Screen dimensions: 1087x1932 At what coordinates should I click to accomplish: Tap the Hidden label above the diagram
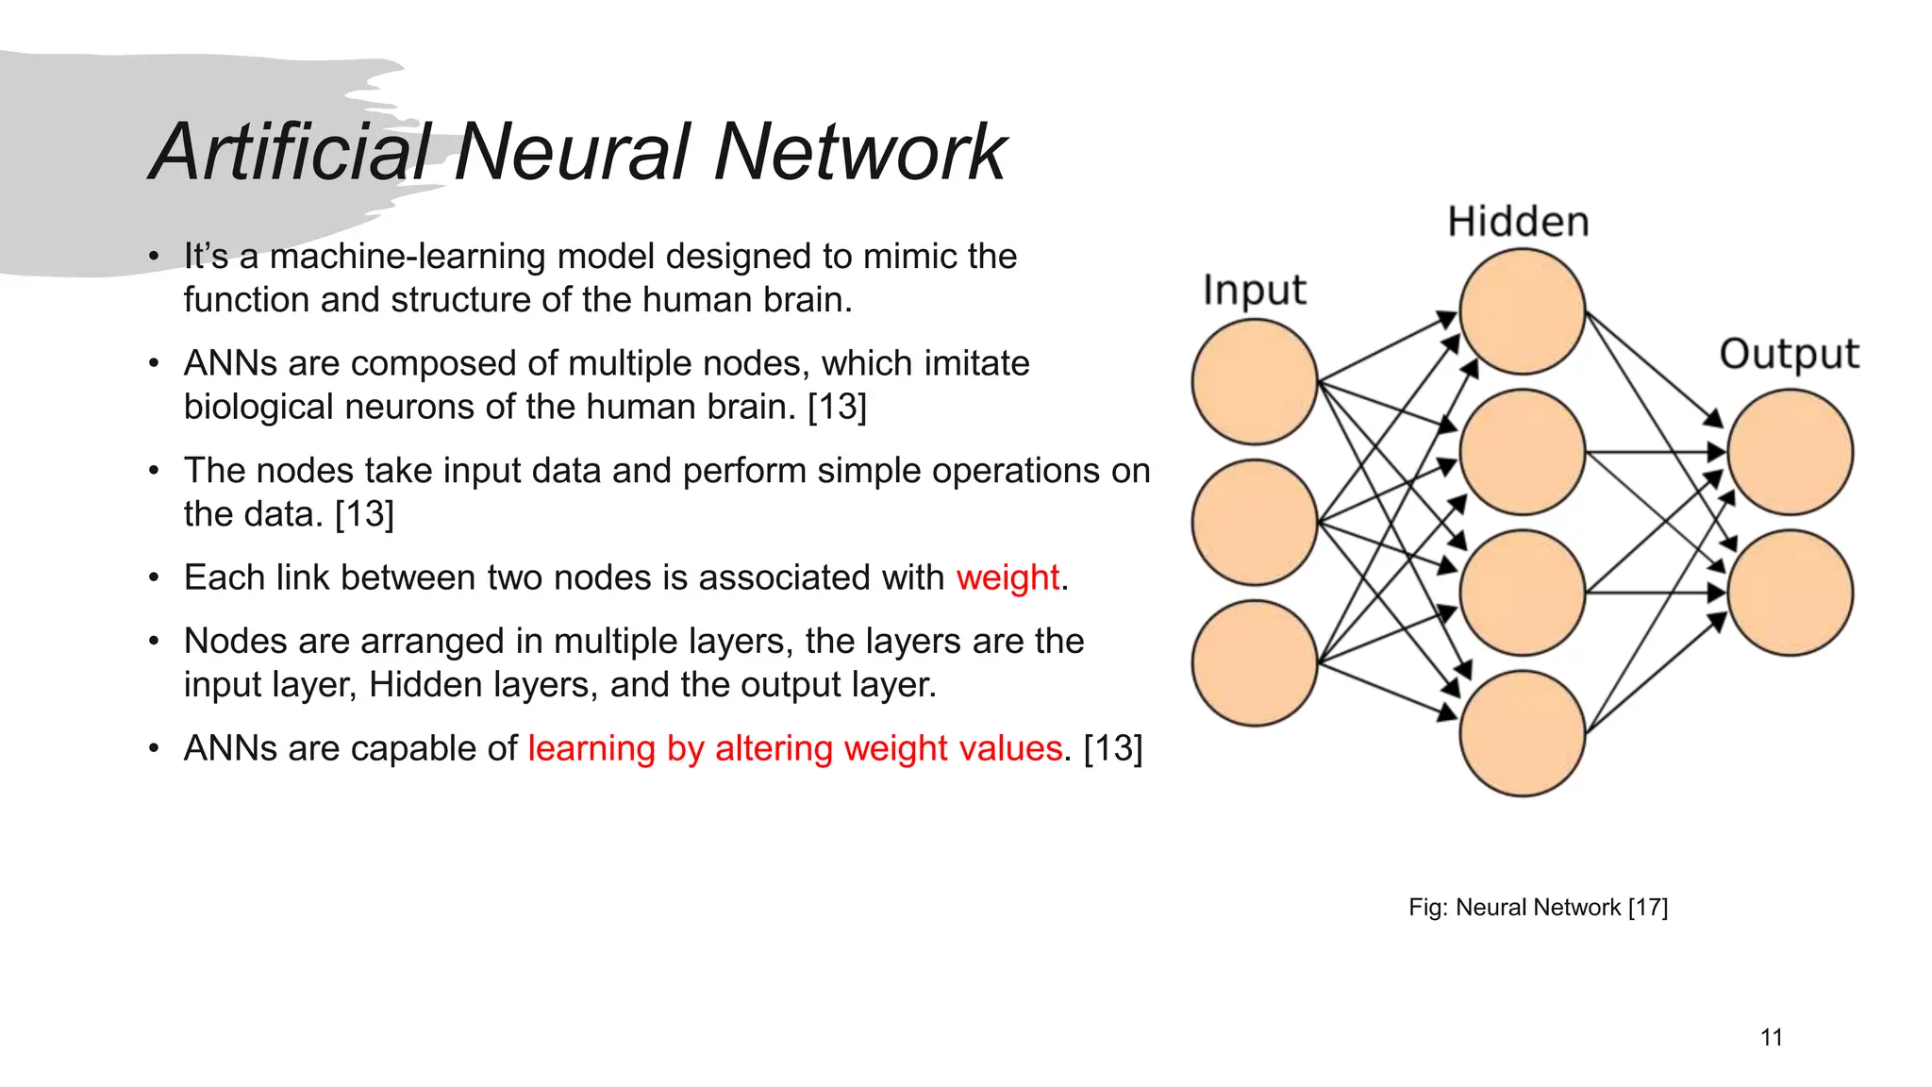pos(1518,223)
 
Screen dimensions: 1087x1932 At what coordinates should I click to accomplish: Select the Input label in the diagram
pos(1255,291)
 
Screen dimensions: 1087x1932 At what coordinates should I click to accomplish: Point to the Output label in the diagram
pos(1789,355)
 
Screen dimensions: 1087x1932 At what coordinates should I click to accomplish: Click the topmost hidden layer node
pos(1522,311)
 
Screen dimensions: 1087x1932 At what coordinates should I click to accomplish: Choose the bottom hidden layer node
pos(1522,733)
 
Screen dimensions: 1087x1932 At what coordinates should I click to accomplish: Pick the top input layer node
pos(1255,381)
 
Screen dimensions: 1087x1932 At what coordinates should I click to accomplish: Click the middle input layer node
pos(1255,522)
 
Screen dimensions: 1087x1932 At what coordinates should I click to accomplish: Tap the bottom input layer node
pos(1255,662)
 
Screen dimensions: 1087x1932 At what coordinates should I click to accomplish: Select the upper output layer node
pos(1790,452)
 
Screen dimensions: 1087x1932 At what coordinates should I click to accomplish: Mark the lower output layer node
pos(1790,593)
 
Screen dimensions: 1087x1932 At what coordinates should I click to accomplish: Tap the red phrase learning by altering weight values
pos(794,748)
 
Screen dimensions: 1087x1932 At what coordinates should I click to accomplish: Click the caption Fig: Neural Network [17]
pos(1538,907)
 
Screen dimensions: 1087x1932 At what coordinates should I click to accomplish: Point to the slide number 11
pos(1771,1038)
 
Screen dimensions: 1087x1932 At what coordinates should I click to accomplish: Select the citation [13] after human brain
pos(837,407)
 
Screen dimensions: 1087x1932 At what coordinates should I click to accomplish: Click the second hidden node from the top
pos(1522,452)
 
